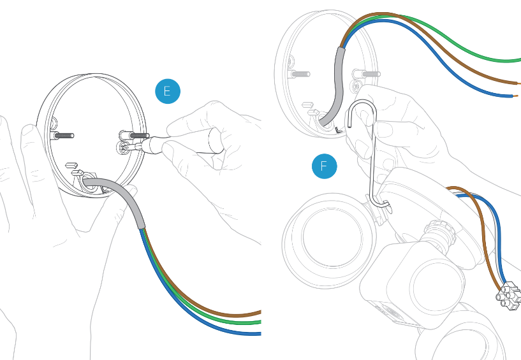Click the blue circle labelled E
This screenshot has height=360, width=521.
(x=168, y=91)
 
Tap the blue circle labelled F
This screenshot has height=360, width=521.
(x=324, y=167)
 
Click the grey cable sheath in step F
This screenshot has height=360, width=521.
(x=339, y=83)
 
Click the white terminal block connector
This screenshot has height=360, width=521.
(x=508, y=296)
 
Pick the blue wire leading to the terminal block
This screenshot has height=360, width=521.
(x=500, y=242)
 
